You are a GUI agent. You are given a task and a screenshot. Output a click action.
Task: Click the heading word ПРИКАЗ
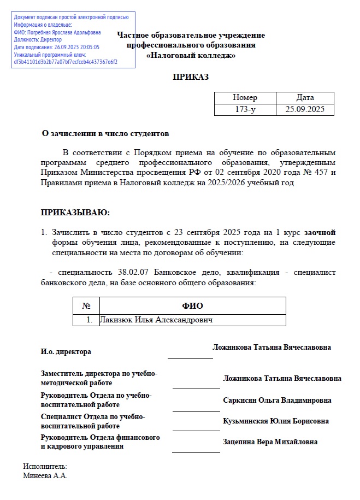[191, 77]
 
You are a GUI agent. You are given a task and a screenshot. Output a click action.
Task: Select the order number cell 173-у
[245, 109]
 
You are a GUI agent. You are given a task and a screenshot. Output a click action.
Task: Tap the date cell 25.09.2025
[305, 109]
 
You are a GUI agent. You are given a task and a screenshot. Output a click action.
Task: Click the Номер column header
[245, 97]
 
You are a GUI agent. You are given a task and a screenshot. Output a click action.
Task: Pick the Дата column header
[305, 97]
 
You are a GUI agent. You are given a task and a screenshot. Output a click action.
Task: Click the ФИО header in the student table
[192, 306]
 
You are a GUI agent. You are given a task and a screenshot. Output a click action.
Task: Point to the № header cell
[86, 306]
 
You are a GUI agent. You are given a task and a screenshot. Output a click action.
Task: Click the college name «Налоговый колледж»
[191, 55]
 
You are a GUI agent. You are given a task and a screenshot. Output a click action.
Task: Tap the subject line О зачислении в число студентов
[105, 133]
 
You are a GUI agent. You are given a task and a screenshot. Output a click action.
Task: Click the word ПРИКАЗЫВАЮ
[75, 212]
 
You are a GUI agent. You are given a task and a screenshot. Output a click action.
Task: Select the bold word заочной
[320, 232]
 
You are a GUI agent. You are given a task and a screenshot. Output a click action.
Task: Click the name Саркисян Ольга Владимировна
[277, 400]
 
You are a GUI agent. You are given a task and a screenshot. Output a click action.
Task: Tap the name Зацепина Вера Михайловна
[270, 442]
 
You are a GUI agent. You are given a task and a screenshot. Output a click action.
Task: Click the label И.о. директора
[66, 351]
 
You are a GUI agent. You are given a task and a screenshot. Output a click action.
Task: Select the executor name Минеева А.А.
[45, 475]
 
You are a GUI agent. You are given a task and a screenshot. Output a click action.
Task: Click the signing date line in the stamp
[57, 47]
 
